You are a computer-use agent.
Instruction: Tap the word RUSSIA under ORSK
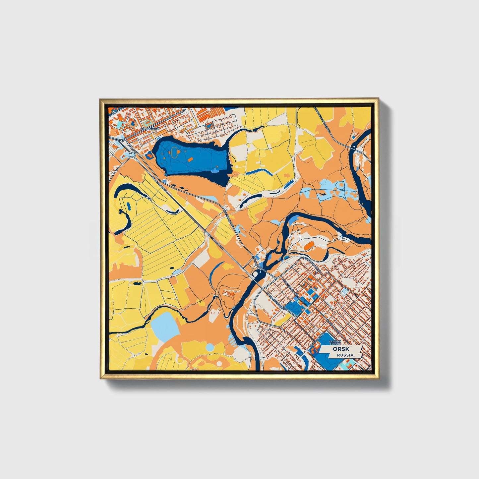pyautogui.click(x=345, y=355)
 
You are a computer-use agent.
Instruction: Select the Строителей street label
pyautogui.click(x=150, y=128)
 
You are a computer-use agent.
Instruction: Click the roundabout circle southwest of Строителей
pyautogui.click(x=133, y=154)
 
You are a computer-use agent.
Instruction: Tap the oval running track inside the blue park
pyautogui.click(x=174, y=152)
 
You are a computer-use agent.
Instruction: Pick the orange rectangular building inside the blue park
pyautogui.click(x=190, y=159)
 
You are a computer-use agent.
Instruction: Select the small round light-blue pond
pyautogui.click(x=210, y=347)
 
